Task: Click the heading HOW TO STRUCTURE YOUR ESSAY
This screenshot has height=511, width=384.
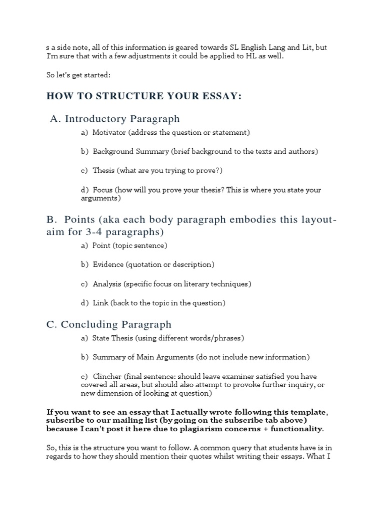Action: point(144,96)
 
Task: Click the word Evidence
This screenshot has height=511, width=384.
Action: point(108,264)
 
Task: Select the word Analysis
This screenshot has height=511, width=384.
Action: point(107,284)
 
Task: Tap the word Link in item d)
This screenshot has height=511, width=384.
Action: point(100,303)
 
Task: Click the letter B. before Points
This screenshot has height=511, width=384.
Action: point(51,220)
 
